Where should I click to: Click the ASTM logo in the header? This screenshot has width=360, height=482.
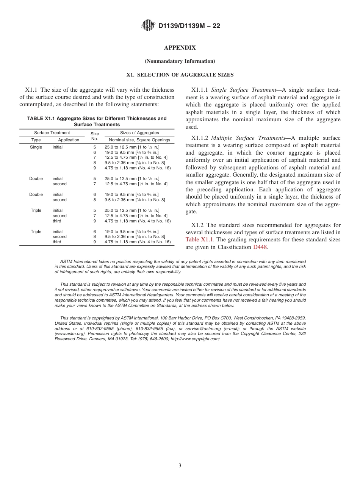(148, 25)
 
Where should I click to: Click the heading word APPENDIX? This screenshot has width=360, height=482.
(180, 48)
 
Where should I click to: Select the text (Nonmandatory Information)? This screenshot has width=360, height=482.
(180, 61)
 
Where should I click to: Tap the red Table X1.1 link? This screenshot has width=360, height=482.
(199, 239)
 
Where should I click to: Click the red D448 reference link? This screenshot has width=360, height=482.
(260, 247)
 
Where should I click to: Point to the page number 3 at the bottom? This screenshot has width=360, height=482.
(180, 465)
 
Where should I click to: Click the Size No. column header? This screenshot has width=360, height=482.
(95, 136)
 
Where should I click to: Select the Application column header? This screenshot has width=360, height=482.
(69, 140)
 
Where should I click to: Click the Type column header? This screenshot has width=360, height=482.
(36, 140)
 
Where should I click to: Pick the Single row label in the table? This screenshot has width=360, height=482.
(36, 147)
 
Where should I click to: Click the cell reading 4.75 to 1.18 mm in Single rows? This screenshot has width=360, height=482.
(138, 168)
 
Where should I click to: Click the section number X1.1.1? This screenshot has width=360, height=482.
(200, 90)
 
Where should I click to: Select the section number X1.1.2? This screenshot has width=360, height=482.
(200, 138)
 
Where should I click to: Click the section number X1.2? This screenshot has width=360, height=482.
(197, 225)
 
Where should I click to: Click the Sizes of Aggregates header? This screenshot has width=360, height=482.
(139, 133)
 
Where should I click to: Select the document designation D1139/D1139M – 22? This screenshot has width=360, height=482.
(189, 26)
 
